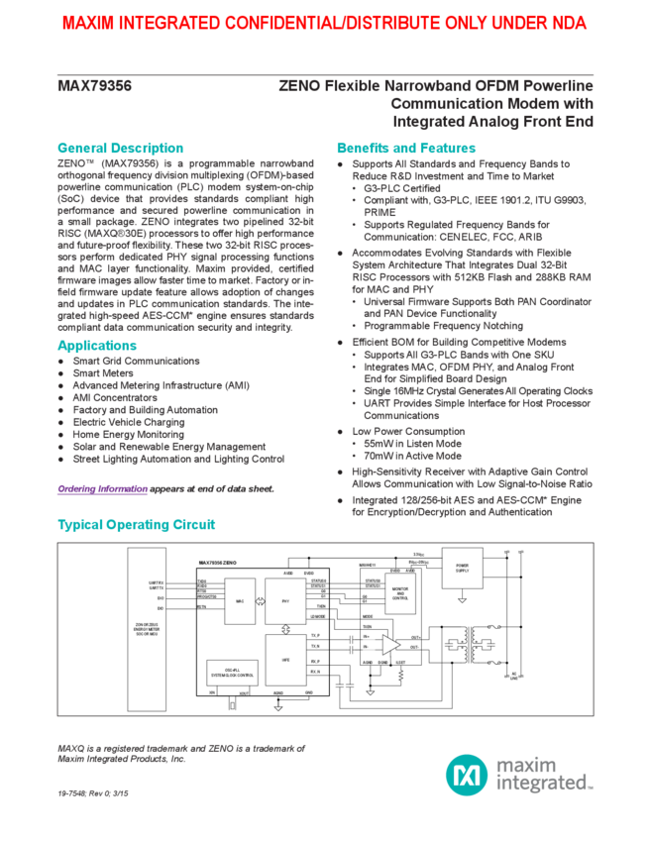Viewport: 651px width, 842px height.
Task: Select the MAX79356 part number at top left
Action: tap(94, 87)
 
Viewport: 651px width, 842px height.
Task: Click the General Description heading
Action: tap(120, 148)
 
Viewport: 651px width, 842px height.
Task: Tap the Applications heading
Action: tap(96, 346)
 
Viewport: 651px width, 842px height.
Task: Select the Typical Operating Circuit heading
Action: tap(136, 524)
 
